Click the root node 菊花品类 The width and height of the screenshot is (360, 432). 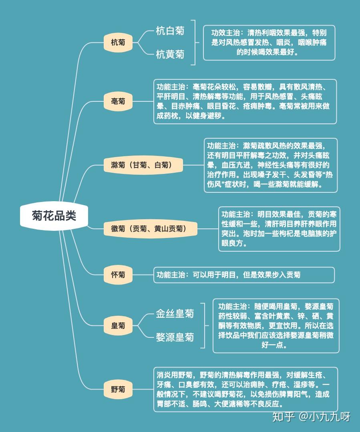point(54,216)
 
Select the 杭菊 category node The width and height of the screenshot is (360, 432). point(118,42)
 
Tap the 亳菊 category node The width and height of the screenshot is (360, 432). point(118,101)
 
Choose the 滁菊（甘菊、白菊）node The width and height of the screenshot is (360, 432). point(143,165)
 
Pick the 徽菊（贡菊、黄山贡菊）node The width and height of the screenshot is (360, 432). point(150,229)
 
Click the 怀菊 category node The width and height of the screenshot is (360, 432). point(118,275)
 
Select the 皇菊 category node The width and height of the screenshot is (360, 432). point(118,326)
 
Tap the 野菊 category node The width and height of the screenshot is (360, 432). point(118,389)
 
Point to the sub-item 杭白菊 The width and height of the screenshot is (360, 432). point(170,30)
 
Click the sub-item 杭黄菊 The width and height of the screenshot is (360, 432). point(170,54)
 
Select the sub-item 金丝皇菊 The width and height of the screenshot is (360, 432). point(175,313)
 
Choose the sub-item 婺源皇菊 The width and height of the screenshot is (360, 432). point(175,337)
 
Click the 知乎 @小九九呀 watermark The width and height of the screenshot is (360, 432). point(311,417)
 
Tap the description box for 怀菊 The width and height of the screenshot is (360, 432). point(244,275)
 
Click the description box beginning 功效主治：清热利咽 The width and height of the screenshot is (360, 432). point(269,43)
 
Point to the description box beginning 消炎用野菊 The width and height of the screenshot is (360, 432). point(245,390)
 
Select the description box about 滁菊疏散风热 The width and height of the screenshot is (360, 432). point(271,165)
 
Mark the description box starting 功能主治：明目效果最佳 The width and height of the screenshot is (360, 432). point(279,229)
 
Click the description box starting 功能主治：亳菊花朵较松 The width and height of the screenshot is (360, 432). point(245,102)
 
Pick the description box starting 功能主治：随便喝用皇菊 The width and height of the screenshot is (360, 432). point(276,326)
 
